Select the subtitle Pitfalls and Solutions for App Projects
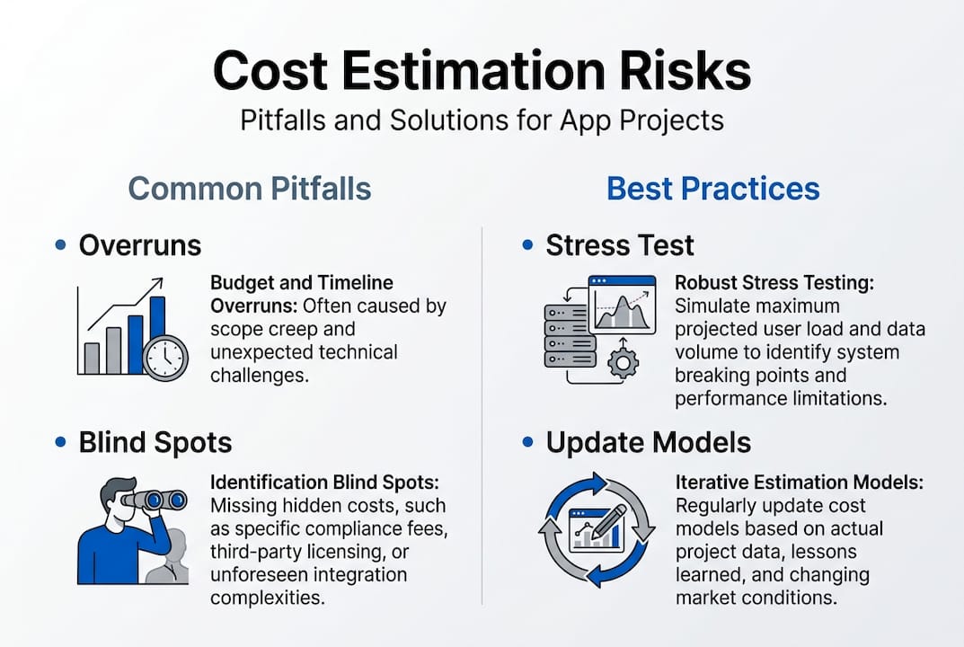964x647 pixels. click(482, 120)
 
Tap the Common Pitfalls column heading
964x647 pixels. click(249, 189)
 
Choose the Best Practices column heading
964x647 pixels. click(712, 189)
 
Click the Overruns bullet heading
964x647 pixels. click(139, 245)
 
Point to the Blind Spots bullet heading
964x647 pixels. click(155, 442)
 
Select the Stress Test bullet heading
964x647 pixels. click(620, 245)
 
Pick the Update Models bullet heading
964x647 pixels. click(649, 442)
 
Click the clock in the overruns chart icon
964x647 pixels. click(165, 359)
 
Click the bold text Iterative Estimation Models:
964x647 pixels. click(799, 483)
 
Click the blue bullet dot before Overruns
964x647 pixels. click(60, 245)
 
